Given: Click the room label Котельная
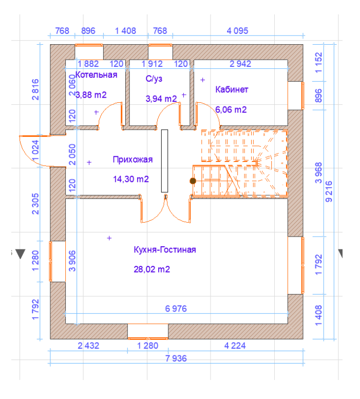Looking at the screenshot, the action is [97, 75].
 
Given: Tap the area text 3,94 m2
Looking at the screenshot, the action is [161, 99].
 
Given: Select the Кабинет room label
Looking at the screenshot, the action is [232, 89].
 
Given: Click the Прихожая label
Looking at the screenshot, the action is [132, 159].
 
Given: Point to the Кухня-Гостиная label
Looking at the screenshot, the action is [165, 249].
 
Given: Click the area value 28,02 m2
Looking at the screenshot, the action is [152, 269].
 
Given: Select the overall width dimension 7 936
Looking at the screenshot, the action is [176, 358].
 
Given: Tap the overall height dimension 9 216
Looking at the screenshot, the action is [329, 191].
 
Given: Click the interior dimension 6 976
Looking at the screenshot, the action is [176, 309].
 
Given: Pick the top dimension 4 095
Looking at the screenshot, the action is [237, 31].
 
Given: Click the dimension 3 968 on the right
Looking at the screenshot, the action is [318, 173].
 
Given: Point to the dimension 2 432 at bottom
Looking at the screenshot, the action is [88, 346].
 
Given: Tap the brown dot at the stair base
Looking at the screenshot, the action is [193, 181].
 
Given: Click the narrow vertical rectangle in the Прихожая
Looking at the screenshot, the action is [164, 161].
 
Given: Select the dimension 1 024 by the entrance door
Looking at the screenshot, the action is [35, 150].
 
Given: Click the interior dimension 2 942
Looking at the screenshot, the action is [240, 64].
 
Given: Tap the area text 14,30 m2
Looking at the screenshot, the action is [131, 179].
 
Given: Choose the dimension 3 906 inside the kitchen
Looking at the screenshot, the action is [72, 261].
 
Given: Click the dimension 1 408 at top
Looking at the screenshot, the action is [126, 31].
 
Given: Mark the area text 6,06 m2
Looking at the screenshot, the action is [231, 110].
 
